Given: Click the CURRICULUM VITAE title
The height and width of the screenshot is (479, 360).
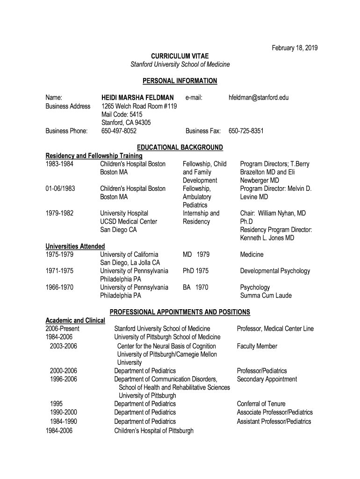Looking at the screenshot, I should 180,56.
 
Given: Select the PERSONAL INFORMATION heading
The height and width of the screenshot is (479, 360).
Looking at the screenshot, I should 180,81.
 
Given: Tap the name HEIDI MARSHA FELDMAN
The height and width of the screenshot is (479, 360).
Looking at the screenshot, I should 137,98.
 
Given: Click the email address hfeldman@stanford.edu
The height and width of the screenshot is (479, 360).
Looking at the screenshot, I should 259,98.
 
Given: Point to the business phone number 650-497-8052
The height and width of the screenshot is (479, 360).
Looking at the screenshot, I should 119,131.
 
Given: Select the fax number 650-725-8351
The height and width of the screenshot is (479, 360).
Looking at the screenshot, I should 246,131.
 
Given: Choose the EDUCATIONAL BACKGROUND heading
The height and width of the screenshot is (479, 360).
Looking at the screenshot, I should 180,148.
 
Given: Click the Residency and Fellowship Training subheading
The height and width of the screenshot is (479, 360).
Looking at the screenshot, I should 94,156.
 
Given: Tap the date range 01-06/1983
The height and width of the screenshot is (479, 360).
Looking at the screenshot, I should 60,189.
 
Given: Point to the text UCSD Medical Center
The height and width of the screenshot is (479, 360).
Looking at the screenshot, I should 129,221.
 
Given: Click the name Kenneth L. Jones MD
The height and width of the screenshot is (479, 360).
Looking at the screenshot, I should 267,238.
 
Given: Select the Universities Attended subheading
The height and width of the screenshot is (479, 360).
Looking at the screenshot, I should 75,246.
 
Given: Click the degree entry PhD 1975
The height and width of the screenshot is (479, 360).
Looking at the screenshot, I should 195,271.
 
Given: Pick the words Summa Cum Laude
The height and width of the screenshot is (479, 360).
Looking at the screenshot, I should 266,296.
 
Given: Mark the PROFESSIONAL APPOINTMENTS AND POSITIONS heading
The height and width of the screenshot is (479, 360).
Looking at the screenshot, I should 180,312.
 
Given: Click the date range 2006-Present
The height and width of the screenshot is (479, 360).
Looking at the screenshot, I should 62,329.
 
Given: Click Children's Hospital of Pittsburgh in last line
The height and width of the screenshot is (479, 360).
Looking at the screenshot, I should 154,431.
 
